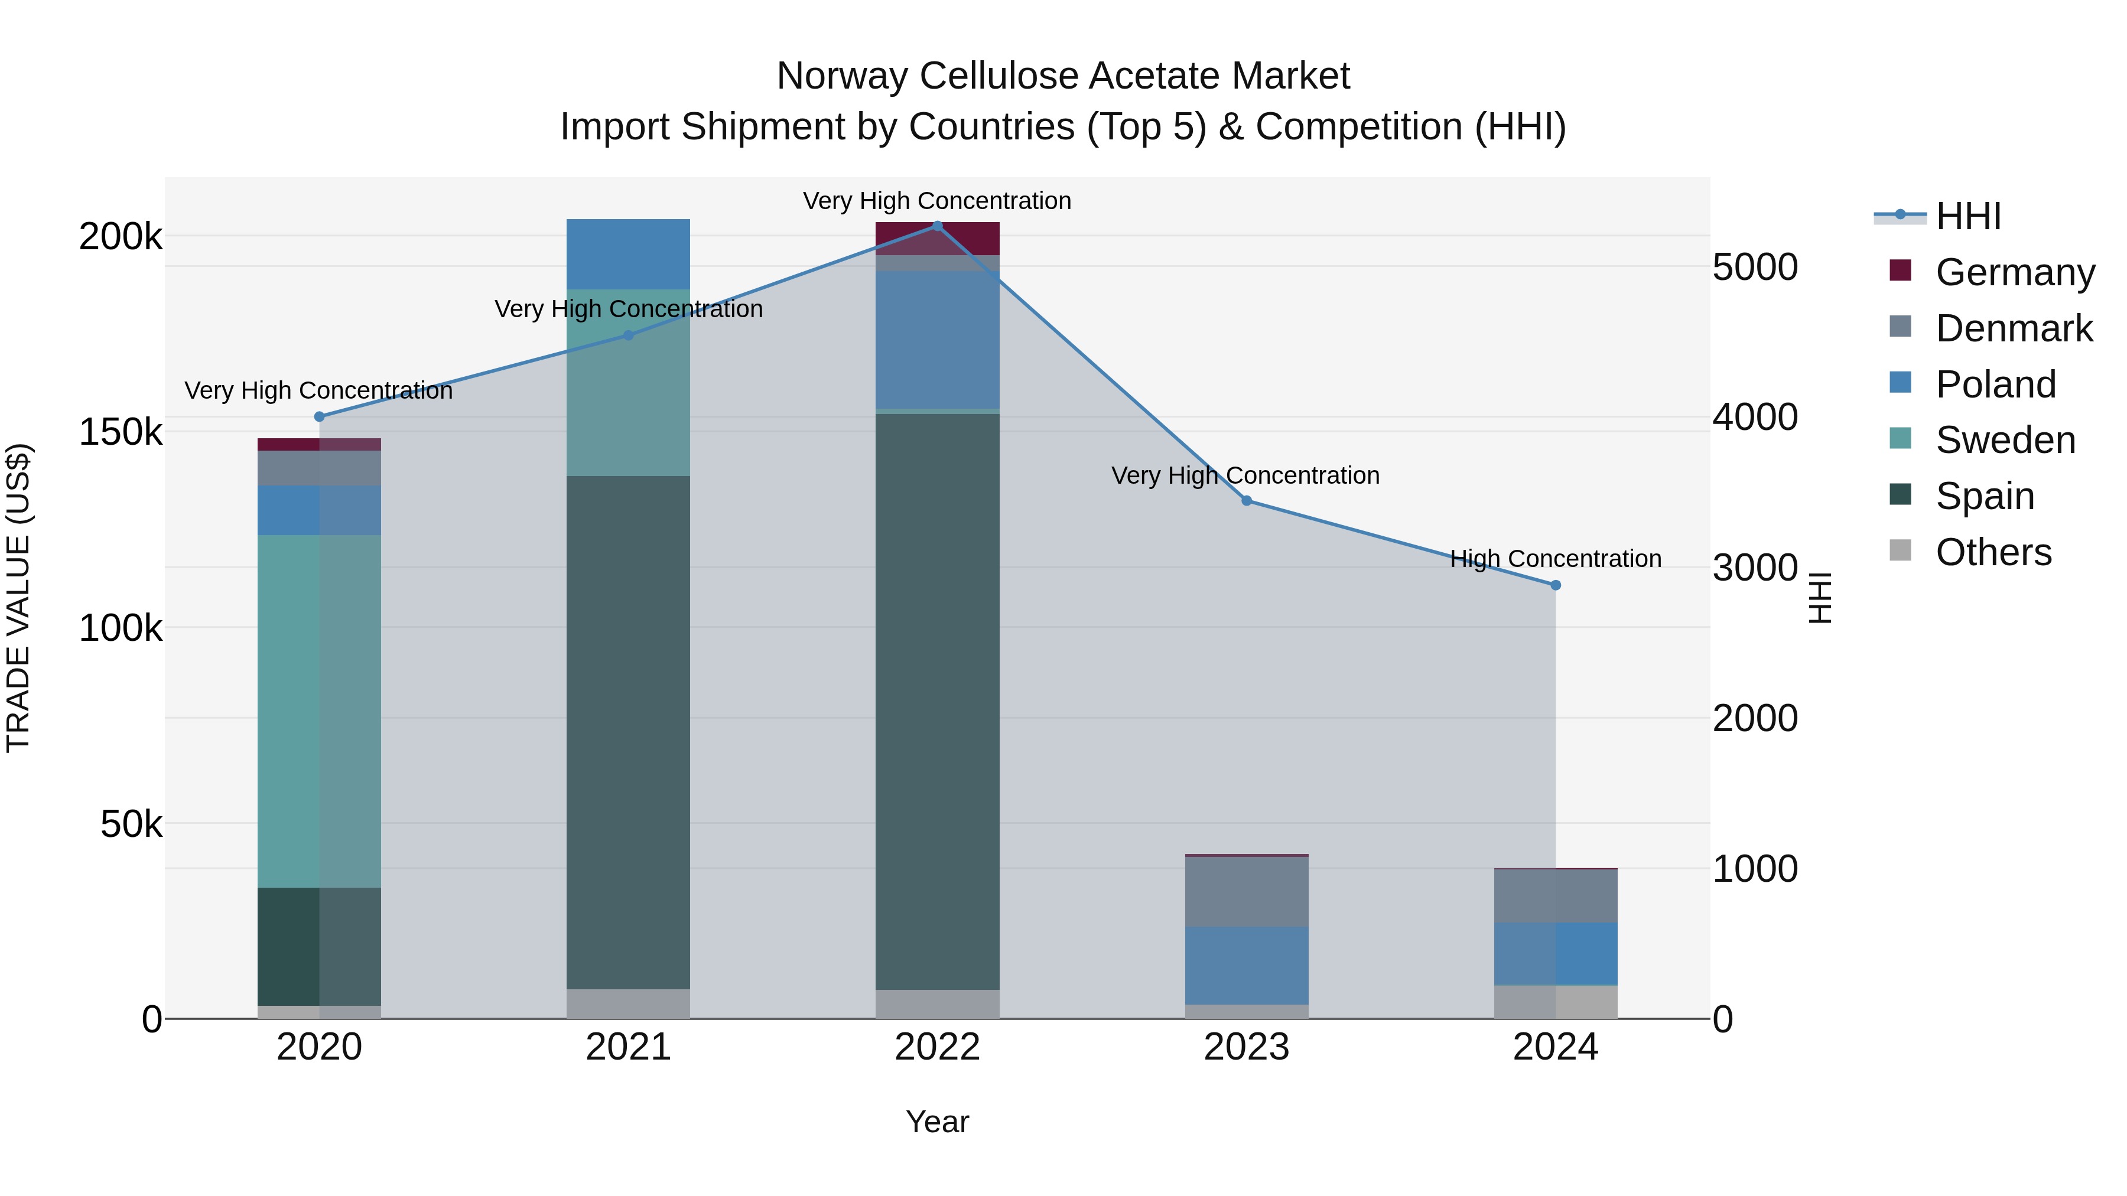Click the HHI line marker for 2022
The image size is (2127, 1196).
[x=937, y=226]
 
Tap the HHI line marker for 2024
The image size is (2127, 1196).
[x=1556, y=585]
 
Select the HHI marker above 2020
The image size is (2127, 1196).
[x=320, y=417]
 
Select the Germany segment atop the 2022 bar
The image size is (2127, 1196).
[x=937, y=239]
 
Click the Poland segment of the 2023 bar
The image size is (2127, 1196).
[x=1246, y=965]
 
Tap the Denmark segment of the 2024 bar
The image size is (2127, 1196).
[x=1556, y=895]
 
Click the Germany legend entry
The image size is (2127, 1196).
[x=2014, y=272]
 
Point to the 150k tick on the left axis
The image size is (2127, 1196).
[x=121, y=432]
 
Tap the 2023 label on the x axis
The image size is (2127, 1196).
[x=1246, y=1047]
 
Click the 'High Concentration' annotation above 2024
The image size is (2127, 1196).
[x=1556, y=559]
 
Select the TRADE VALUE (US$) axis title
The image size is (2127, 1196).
[x=18, y=598]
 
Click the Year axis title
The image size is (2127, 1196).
[x=937, y=1122]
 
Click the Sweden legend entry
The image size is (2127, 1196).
[x=2005, y=440]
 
